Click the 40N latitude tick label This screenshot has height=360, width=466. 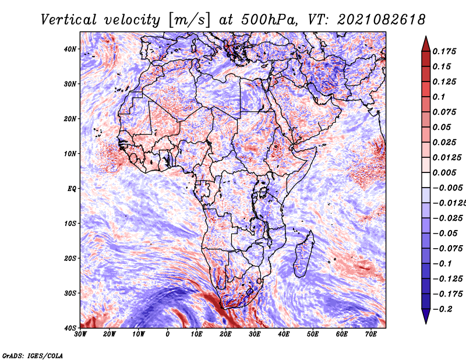coord(70,49)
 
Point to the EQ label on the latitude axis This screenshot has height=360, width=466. coord(72,189)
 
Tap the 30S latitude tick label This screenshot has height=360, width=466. coord(70,294)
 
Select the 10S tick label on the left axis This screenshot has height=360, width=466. coord(70,224)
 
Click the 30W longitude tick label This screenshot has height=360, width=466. coord(80,334)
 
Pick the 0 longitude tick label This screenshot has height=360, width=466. coord(168,334)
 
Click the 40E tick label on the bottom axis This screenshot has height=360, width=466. coord(284,334)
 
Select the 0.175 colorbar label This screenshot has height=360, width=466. coord(444,51)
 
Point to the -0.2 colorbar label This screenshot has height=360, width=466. coord(443,309)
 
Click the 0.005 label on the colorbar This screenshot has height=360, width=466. coord(444,172)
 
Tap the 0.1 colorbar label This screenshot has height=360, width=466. coord(439,97)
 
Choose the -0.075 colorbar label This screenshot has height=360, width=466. coord(448,249)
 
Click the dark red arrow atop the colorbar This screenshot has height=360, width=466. coord(426,44)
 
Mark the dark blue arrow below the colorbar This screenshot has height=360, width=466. coord(426,316)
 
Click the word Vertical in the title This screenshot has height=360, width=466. coord(69,20)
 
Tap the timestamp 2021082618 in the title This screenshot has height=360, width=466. coord(382,20)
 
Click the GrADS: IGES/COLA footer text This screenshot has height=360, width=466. coord(33,355)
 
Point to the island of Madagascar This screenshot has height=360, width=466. coord(303,256)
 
